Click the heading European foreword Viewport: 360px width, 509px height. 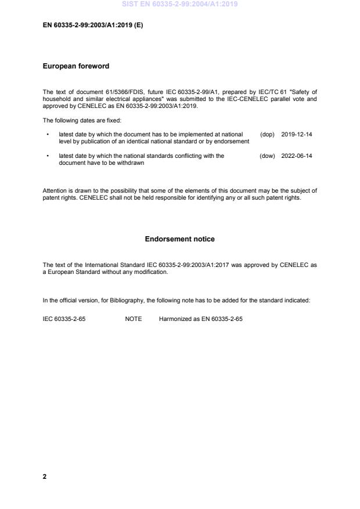point(76,66)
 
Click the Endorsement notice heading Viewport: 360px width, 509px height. point(179,239)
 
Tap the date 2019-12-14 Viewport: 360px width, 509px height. point(297,134)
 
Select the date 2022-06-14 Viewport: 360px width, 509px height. point(297,156)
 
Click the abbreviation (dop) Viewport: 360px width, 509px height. point(267,134)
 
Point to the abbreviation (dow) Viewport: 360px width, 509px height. point(267,156)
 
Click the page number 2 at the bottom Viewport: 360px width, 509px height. point(45,476)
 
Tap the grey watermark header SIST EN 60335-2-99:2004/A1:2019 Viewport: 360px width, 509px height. point(180,4)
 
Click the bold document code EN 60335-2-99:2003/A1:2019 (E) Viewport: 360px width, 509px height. point(93,27)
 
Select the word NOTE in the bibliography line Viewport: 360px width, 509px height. point(134,319)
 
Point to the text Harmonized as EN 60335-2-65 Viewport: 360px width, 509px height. point(200,319)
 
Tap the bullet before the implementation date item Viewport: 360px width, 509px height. point(47,134)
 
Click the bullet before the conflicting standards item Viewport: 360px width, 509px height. point(47,156)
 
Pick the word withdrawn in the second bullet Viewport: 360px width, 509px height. point(132,163)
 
